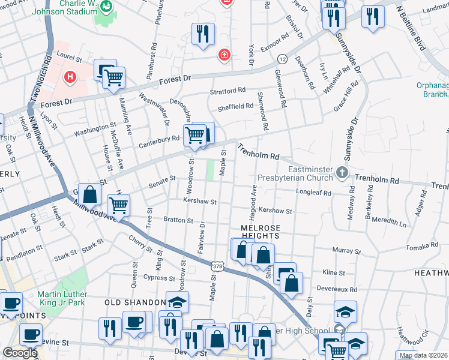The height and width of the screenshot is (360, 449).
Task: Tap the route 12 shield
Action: click(282, 59)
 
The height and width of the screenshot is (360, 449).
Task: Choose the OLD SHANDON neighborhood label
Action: click(136, 302)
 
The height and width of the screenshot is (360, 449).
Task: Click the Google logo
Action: click(20, 352)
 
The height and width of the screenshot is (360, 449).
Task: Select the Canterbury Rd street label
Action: click(160, 139)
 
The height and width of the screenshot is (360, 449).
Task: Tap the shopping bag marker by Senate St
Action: click(89, 195)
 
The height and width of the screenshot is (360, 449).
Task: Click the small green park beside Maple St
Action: click(211, 170)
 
